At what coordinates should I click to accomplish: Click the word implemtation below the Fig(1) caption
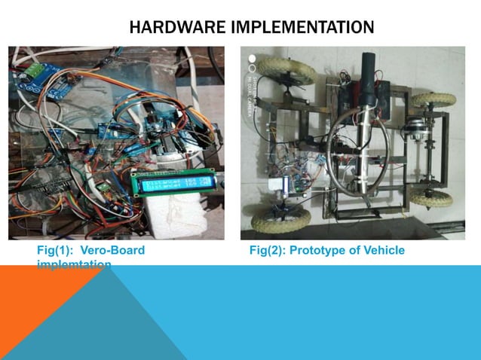[75, 264]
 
